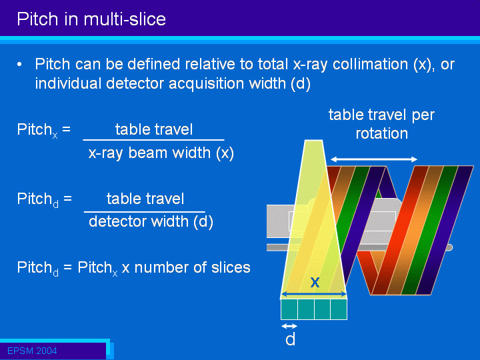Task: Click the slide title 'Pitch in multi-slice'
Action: click(x=91, y=19)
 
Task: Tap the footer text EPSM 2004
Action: click(x=32, y=351)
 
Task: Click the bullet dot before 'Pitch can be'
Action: click(x=19, y=65)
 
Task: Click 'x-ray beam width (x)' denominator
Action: click(x=161, y=153)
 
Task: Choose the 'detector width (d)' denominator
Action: click(x=151, y=221)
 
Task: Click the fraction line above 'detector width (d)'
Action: click(x=145, y=211)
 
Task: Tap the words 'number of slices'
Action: click(x=192, y=267)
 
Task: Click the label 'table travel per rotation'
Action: click(x=381, y=124)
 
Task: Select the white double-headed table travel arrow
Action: click(x=374, y=159)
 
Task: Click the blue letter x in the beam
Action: click(x=315, y=282)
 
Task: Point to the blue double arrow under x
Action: click(x=314, y=294)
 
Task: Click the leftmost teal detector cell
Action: click(x=289, y=309)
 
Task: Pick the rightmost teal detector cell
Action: click(x=339, y=309)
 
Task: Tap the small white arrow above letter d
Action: click(x=289, y=326)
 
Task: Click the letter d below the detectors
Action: click(x=290, y=339)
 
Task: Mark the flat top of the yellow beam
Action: click(x=314, y=141)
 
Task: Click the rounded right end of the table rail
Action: click(x=449, y=247)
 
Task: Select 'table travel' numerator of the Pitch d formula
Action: click(x=145, y=199)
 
